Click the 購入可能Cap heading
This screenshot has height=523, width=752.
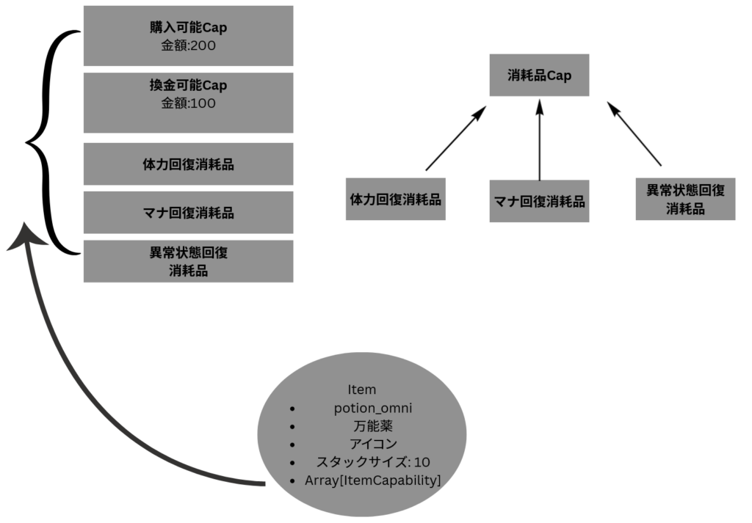[x=188, y=29]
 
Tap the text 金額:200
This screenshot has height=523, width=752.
[x=188, y=46]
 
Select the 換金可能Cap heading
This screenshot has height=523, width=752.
[x=188, y=85]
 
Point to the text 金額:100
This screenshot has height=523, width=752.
[x=188, y=103]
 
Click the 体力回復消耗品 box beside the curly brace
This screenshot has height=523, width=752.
[x=188, y=164]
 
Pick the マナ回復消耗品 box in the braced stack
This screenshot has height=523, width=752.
[x=188, y=213]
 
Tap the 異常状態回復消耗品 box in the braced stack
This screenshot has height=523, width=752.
[x=188, y=261]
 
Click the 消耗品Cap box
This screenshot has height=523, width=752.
[x=539, y=75]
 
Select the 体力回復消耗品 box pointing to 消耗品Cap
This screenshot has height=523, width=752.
[x=387, y=199]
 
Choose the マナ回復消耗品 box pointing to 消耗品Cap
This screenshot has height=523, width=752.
[x=539, y=201]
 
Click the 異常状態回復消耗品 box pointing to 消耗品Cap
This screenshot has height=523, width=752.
[x=685, y=199]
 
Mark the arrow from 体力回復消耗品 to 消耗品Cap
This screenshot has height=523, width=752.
[x=455, y=139]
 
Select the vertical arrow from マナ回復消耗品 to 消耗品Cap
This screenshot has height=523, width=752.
[x=540, y=139]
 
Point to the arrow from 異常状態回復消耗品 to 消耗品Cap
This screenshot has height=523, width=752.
[x=634, y=134]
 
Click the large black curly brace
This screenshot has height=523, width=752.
[x=53, y=143]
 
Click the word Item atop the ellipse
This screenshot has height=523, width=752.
[x=361, y=389]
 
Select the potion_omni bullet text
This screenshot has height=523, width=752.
[x=372, y=408]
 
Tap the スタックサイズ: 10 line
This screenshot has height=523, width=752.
[x=372, y=462]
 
